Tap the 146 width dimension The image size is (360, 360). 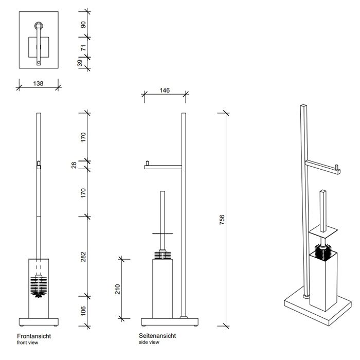click(x=165, y=90)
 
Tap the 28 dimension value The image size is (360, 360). click(x=74, y=165)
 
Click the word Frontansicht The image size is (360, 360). click(x=34, y=336)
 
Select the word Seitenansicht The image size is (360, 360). click(x=157, y=336)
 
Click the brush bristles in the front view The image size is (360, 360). click(x=39, y=286)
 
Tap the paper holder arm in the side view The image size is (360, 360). click(x=164, y=166)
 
